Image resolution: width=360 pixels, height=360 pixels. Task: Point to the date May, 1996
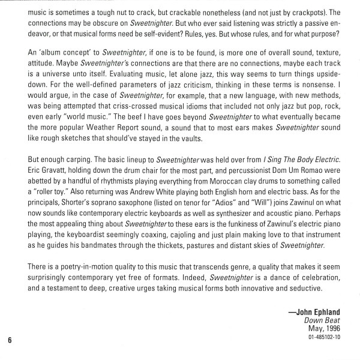(326, 350)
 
